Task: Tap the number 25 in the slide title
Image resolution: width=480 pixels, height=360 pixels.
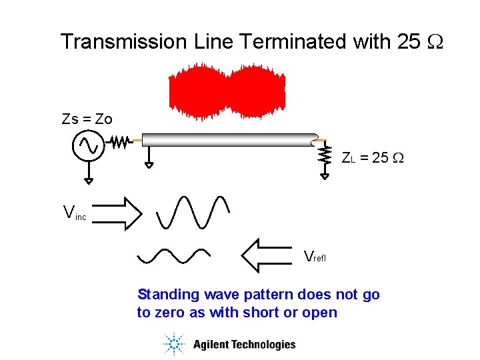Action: coord(408,42)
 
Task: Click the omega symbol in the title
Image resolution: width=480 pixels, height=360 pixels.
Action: coord(433,42)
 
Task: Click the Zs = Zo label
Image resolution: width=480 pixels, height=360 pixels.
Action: coord(87,119)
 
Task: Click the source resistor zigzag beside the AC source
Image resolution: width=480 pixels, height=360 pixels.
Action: coord(119,142)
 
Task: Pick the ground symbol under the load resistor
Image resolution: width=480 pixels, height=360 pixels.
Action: coord(325,175)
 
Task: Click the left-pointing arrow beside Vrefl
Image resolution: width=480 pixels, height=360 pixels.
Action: coord(269,256)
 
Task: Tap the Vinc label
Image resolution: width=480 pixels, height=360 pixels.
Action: coord(74,214)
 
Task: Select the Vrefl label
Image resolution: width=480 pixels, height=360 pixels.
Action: coord(317,257)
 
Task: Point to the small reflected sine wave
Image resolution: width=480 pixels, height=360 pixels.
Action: coord(173,255)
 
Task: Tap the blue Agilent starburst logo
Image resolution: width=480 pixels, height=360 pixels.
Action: coord(174,344)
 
